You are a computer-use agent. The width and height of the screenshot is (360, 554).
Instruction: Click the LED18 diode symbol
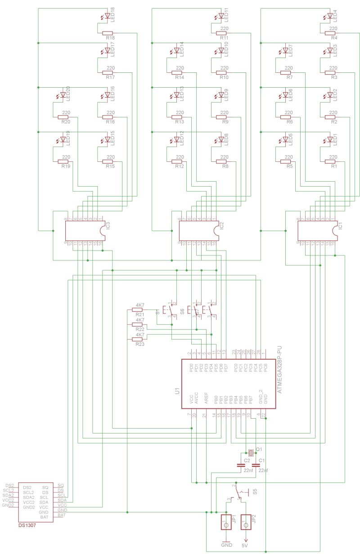[107, 17]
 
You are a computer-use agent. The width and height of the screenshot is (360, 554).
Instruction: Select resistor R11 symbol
[221, 33]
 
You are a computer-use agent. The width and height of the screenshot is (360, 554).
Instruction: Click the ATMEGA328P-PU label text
[280, 370]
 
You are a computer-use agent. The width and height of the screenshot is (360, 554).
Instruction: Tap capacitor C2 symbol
[240, 465]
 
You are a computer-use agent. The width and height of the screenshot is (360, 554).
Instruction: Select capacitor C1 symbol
[256, 465]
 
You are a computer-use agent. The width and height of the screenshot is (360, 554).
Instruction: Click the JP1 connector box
[226, 522]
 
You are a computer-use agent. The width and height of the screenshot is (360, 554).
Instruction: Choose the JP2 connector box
[246, 522]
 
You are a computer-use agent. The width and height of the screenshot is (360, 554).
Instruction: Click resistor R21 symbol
[137, 310]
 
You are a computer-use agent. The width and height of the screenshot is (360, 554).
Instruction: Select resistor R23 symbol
[137, 340]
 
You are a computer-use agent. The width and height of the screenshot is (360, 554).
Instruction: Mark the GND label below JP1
[226, 545]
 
